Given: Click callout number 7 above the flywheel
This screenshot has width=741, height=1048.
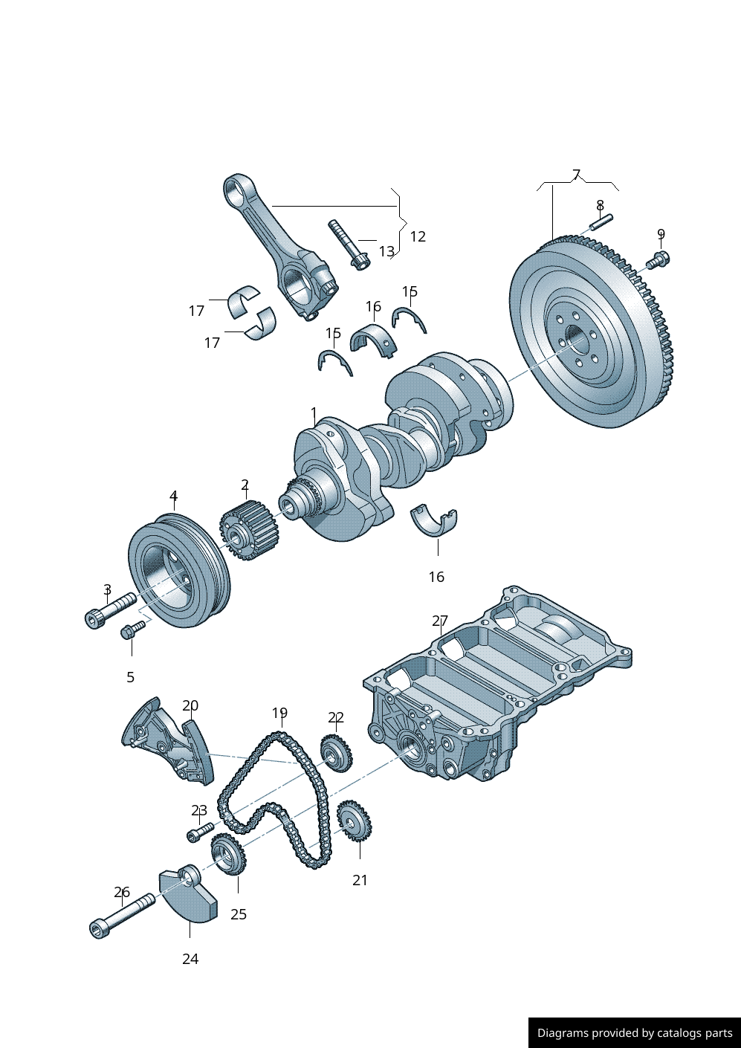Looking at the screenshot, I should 576,175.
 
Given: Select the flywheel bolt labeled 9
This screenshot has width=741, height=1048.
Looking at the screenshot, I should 659,260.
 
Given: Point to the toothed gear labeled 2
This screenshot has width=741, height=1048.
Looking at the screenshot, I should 249,530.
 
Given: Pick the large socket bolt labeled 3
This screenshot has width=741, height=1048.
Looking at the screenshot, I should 110,609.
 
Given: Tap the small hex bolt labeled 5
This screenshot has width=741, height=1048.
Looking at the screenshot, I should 132,630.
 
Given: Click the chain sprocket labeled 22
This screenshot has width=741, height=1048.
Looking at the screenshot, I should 336,753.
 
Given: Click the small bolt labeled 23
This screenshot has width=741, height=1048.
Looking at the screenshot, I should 199,831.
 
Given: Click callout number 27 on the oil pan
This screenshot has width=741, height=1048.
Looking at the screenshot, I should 440,621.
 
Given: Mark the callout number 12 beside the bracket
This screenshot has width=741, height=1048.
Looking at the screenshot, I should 418,236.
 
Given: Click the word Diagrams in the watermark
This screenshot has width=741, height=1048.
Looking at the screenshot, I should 563,1033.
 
